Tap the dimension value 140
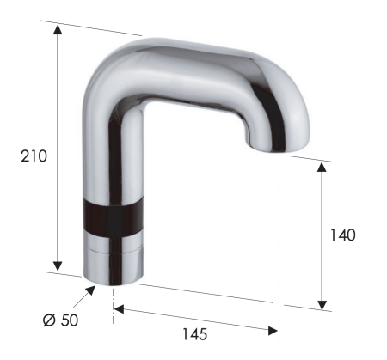(x=341, y=234)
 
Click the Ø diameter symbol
(x=48, y=320)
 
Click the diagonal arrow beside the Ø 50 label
(x=83, y=296)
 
